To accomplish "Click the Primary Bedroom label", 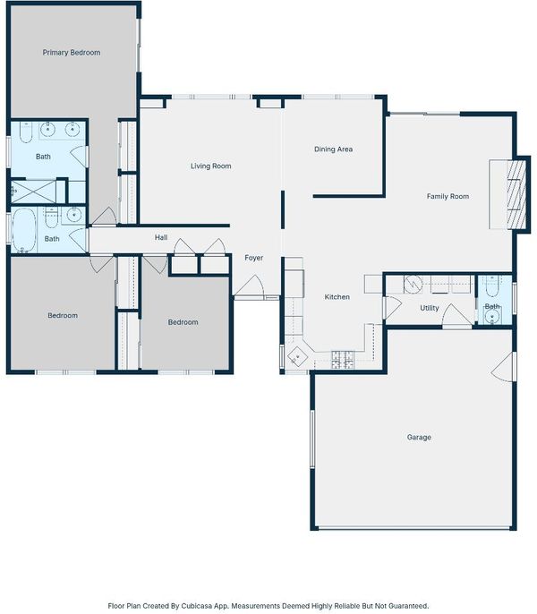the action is point(72,53).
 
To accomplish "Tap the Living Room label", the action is point(210,166).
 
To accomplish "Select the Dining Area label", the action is point(333,149).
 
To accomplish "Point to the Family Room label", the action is point(447,196).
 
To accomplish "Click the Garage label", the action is point(419,438).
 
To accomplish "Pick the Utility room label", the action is point(430,308).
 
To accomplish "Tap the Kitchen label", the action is point(337,297).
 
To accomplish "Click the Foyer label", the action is point(254,258).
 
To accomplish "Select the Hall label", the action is point(161,237).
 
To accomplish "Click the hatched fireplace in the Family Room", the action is point(516,194).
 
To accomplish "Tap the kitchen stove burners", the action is point(343,360).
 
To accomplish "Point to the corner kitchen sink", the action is point(297,356).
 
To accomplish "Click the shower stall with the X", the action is point(33,192).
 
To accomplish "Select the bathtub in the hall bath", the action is point(23,230).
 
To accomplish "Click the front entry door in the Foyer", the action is point(249,287).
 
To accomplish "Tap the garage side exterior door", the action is point(505,367).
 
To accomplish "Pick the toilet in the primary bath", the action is point(26,132).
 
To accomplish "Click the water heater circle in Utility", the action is point(413,285).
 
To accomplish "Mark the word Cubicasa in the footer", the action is point(197,606).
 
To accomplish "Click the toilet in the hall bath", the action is point(52,218).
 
